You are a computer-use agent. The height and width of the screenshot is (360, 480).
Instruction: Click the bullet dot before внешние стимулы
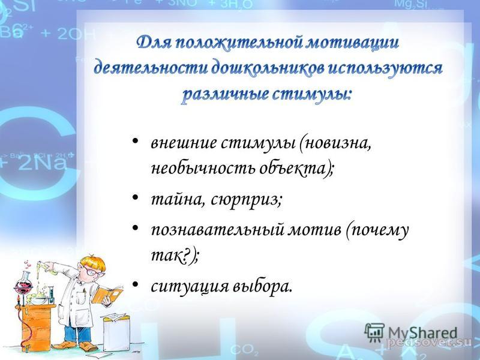[135, 142]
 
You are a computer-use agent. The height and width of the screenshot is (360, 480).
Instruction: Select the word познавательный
[218, 230]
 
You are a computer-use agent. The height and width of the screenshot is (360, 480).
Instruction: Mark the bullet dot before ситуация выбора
[135, 284]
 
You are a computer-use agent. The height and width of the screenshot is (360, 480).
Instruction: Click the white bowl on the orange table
[39, 300]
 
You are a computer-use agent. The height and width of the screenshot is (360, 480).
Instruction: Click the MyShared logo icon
[374, 332]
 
